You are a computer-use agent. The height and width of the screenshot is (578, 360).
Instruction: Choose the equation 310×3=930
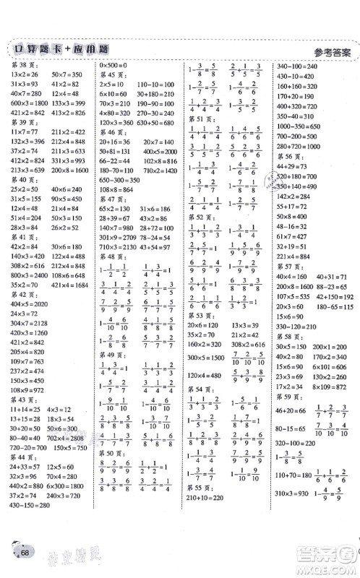[x=292, y=521]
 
